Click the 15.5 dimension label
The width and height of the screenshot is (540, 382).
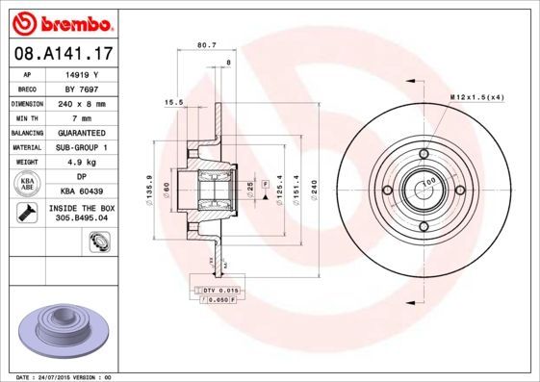pos(174,101)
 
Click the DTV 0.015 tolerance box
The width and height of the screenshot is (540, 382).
pos(219,290)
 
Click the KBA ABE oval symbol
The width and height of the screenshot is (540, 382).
pos(28,185)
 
